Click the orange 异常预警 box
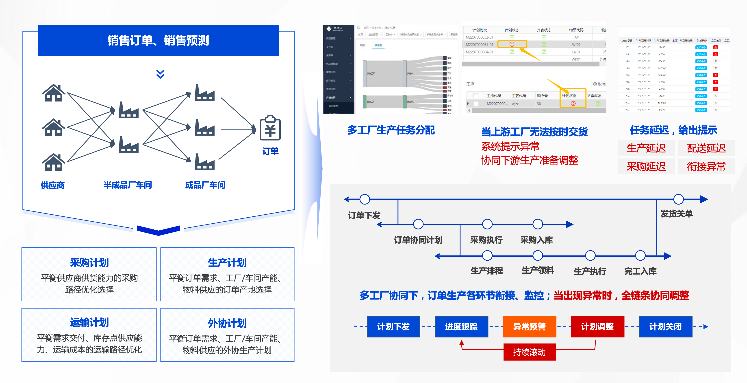click(x=529, y=327)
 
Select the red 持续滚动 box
click(x=529, y=352)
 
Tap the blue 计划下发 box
click(x=393, y=327)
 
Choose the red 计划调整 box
click(x=597, y=327)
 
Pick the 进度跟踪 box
click(x=461, y=327)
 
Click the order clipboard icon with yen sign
click(x=270, y=128)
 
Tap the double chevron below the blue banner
click(x=160, y=74)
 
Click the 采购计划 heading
click(x=89, y=262)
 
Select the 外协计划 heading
click(x=227, y=323)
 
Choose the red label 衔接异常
click(x=706, y=166)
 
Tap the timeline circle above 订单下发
click(x=365, y=199)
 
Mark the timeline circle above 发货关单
click(x=678, y=199)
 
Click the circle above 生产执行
click(x=590, y=255)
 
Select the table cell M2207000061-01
click(x=479, y=44)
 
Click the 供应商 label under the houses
click(x=52, y=185)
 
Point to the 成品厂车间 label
click(x=205, y=185)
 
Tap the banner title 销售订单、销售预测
click(x=158, y=40)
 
